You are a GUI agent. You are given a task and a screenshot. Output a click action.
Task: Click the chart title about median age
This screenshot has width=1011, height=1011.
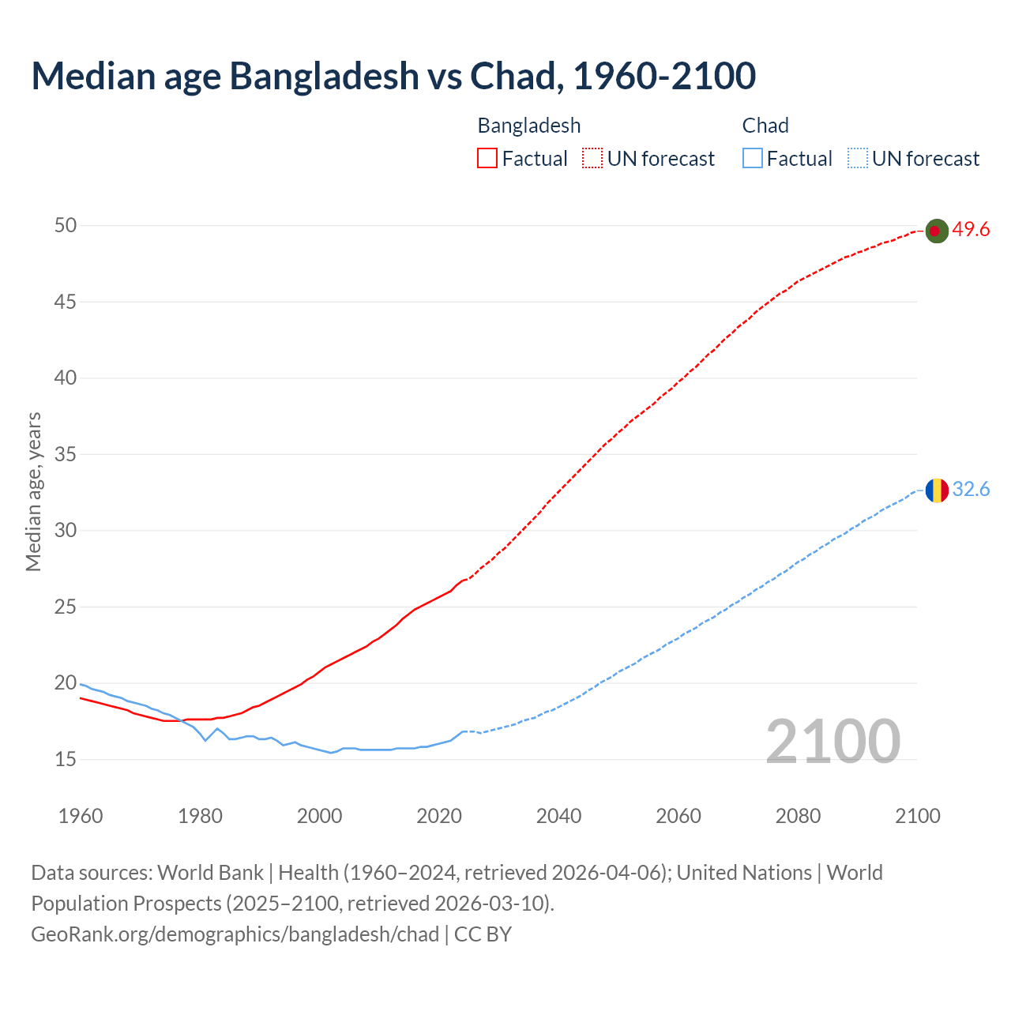[x=393, y=76]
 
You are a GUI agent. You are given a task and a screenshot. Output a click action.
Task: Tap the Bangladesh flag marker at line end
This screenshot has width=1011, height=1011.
[x=936, y=231]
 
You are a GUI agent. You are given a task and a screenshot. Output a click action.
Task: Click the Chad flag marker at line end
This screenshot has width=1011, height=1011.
[x=936, y=490]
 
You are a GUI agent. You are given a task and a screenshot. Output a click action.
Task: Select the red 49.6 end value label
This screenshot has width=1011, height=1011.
[x=971, y=230]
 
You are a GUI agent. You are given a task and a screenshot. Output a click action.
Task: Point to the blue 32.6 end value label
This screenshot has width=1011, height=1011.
[x=971, y=490]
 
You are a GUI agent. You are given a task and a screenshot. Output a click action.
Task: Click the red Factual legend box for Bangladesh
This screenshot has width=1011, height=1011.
[x=487, y=159]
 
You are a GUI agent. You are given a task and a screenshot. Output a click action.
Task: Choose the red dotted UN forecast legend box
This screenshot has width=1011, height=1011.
[x=592, y=159]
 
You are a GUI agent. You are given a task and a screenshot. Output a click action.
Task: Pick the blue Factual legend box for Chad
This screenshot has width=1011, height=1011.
[x=753, y=159]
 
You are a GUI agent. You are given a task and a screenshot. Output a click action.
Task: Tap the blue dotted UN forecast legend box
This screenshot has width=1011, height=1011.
[x=857, y=159]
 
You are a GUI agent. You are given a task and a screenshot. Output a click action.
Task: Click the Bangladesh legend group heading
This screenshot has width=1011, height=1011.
[x=529, y=126]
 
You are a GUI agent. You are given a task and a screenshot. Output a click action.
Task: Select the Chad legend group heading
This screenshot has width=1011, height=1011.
[x=765, y=126]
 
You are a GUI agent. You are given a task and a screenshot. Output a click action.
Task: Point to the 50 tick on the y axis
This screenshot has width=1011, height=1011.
[x=66, y=226]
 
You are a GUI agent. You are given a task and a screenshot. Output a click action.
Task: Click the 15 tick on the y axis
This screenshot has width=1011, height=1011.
[x=66, y=760]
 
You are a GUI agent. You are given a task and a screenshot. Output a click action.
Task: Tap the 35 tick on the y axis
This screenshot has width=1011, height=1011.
[x=66, y=455]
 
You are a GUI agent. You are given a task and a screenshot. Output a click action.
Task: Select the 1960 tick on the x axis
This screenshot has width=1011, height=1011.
[x=81, y=816]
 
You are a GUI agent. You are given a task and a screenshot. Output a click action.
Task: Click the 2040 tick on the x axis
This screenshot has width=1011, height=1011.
[x=558, y=816]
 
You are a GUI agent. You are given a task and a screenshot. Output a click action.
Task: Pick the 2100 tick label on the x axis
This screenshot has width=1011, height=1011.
[x=917, y=816]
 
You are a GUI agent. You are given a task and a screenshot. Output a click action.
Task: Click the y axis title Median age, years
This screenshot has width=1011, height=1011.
[x=33, y=491]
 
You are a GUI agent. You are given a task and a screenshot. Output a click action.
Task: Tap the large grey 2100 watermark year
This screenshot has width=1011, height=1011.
[x=832, y=742]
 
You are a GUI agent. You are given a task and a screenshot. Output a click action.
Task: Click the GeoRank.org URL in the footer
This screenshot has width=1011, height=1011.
[x=235, y=934]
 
